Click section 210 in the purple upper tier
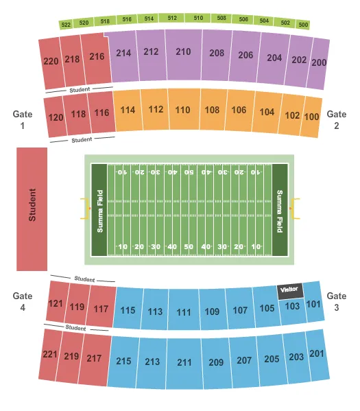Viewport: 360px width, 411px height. (x=183, y=51)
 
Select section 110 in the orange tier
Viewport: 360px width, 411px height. (x=182, y=109)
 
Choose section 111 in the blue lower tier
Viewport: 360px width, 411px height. (x=183, y=312)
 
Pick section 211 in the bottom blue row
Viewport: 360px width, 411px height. (x=184, y=362)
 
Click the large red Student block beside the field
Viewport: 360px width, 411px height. (x=32, y=209)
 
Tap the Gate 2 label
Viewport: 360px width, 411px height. (x=337, y=120)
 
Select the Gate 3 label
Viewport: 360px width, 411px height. (x=337, y=302)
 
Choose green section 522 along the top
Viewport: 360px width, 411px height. (x=66, y=25)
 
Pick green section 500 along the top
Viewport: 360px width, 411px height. (x=303, y=25)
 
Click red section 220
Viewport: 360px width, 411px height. (x=51, y=61)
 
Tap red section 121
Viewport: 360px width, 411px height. (x=56, y=303)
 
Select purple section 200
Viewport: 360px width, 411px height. (x=318, y=62)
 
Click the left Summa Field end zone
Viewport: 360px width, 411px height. (x=99, y=209)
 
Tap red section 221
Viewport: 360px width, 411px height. (x=50, y=355)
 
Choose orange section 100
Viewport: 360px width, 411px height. (x=312, y=117)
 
